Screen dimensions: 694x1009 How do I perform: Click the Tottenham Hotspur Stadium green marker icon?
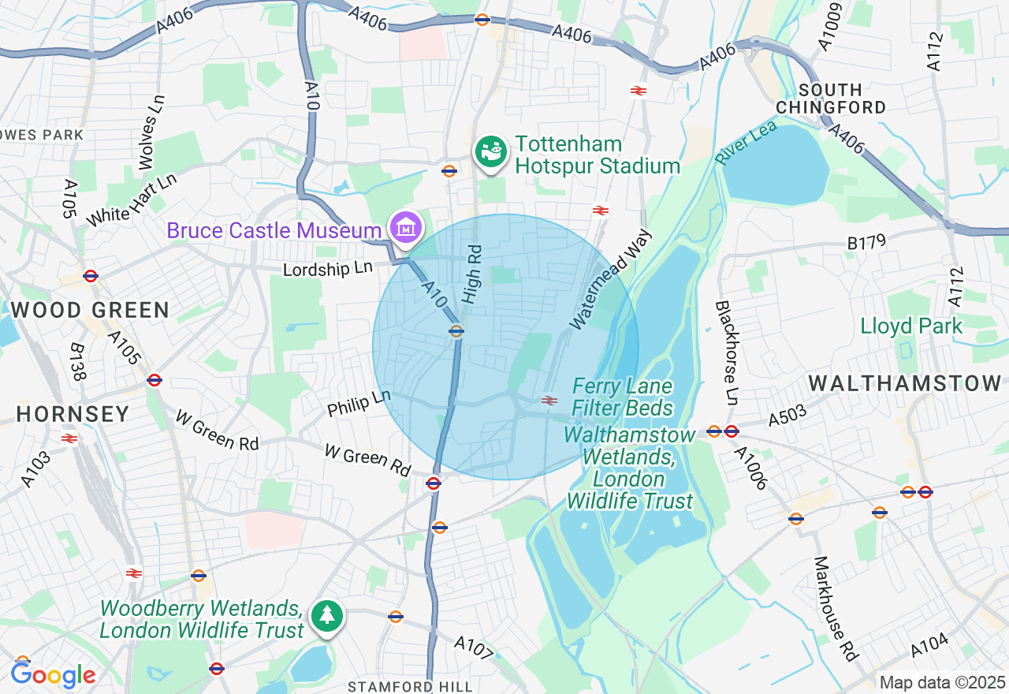(491, 151)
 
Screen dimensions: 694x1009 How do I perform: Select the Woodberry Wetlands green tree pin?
(326, 616)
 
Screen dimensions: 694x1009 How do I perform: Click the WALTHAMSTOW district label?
(904, 384)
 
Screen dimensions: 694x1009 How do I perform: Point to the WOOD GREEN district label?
(91, 311)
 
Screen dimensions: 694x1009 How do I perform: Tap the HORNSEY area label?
(73, 414)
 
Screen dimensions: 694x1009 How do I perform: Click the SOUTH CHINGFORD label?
(831, 99)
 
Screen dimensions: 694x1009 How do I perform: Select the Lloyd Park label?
(911, 326)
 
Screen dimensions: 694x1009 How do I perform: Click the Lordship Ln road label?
(328, 269)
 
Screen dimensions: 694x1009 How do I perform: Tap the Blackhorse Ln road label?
(726, 353)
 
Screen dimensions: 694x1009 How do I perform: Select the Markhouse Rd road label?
(835, 609)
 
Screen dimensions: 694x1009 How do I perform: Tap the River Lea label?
(746, 142)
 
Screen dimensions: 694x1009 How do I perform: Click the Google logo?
(53, 675)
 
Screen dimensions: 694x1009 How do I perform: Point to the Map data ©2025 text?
(942, 682)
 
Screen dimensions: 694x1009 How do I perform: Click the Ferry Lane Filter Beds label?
(622, 397)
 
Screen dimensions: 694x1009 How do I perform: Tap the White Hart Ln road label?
(132, 201)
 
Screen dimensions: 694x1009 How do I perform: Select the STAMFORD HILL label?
(389, 686)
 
